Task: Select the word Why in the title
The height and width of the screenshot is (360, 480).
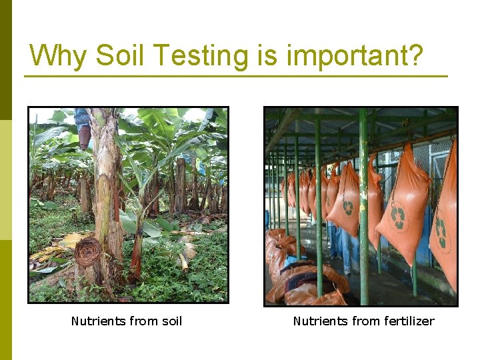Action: pos(58,55)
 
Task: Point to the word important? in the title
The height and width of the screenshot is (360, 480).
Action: pos(355,55)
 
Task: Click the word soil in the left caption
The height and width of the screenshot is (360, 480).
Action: pos(167,321)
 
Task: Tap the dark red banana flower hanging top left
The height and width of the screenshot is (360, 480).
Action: pos(84,137)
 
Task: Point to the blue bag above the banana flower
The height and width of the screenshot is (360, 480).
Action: pos(82,118)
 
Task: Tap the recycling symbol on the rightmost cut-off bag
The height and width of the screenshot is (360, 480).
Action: pos(441,231)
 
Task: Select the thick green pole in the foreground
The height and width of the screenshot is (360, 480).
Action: pos(363,200)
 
